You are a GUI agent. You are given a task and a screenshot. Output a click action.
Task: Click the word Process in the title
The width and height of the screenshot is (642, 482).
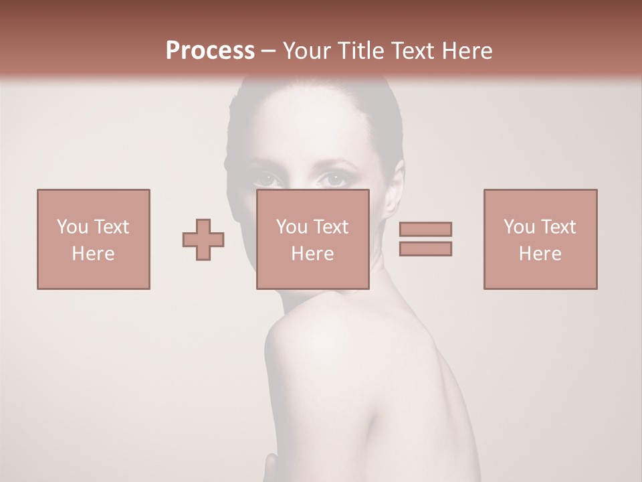coord(210,51)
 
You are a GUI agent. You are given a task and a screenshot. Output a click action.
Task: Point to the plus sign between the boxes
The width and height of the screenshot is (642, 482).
coord(203,240)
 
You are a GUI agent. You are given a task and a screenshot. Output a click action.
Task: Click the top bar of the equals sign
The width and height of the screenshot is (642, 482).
coord(425,229)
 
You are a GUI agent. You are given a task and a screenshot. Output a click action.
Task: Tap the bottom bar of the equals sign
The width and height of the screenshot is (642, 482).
coord(425,248)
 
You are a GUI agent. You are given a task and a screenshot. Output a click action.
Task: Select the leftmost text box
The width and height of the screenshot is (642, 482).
coord(94,239)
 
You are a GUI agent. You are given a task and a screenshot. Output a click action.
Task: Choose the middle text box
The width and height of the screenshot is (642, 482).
coord(313,239)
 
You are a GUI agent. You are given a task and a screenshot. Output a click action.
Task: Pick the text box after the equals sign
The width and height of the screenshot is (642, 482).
coord(540,239)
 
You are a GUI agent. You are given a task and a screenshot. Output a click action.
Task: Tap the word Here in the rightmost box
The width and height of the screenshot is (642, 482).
coord(540,253)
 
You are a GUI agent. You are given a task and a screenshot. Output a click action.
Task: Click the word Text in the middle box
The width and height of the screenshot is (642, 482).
coord(330,226)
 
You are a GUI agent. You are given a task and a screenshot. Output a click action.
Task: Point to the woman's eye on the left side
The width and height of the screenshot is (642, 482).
coord(265,179)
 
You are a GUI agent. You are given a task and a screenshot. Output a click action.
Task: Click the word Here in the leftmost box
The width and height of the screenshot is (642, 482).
coord(94,253)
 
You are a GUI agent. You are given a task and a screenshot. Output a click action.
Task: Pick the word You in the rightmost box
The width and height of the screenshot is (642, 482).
coord(519,226)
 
